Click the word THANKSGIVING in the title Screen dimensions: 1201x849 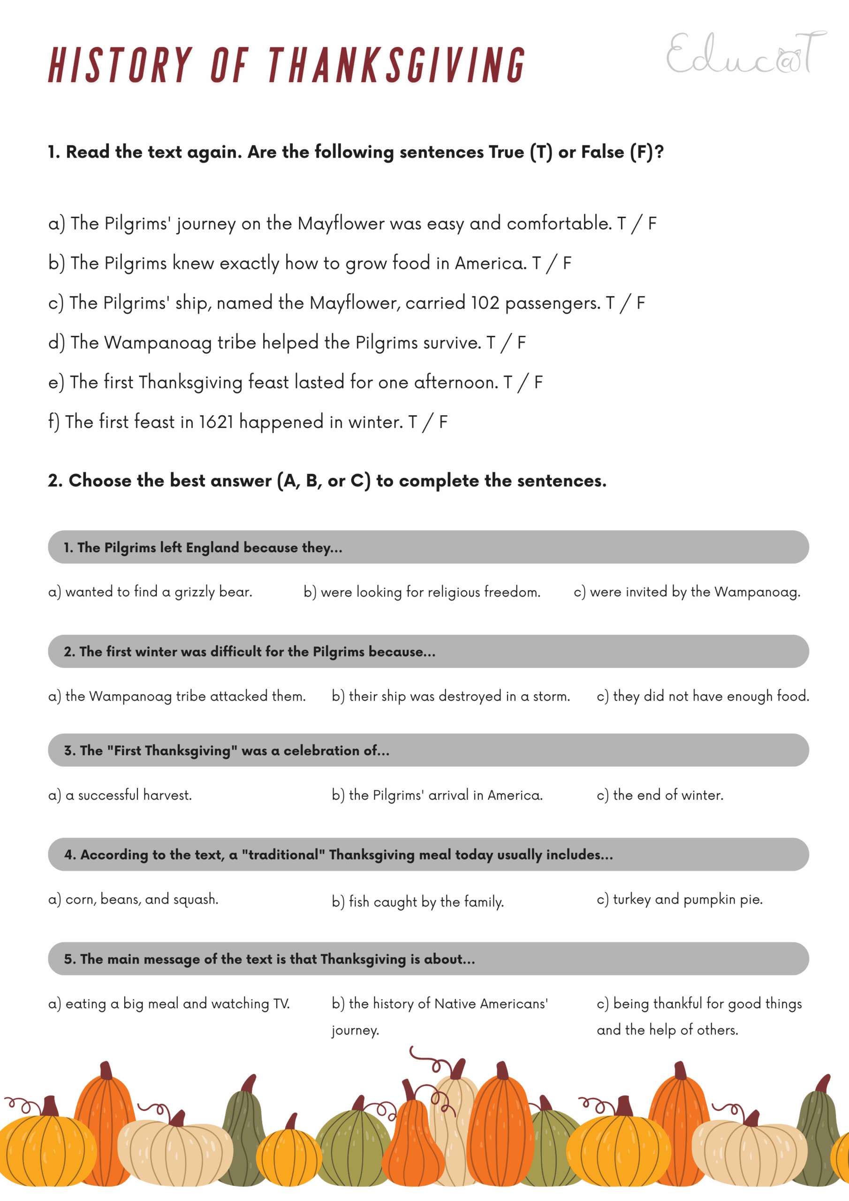396,65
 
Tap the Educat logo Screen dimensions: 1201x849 745,53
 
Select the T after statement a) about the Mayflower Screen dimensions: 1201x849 621,224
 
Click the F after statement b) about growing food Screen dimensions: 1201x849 567,263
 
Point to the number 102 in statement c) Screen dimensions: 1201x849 485,303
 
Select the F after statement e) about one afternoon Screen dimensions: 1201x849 538,382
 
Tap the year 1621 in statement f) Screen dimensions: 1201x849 215,422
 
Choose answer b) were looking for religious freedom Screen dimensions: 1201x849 422,592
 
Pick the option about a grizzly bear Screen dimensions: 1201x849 150,592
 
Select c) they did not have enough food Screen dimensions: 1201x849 703,696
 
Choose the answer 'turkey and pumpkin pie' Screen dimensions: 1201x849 680,899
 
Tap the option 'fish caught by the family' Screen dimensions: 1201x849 417,902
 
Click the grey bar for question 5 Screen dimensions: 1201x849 428,959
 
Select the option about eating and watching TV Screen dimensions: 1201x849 168,1003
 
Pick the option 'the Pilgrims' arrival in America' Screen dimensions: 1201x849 437,795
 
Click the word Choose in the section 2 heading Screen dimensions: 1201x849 99,481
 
